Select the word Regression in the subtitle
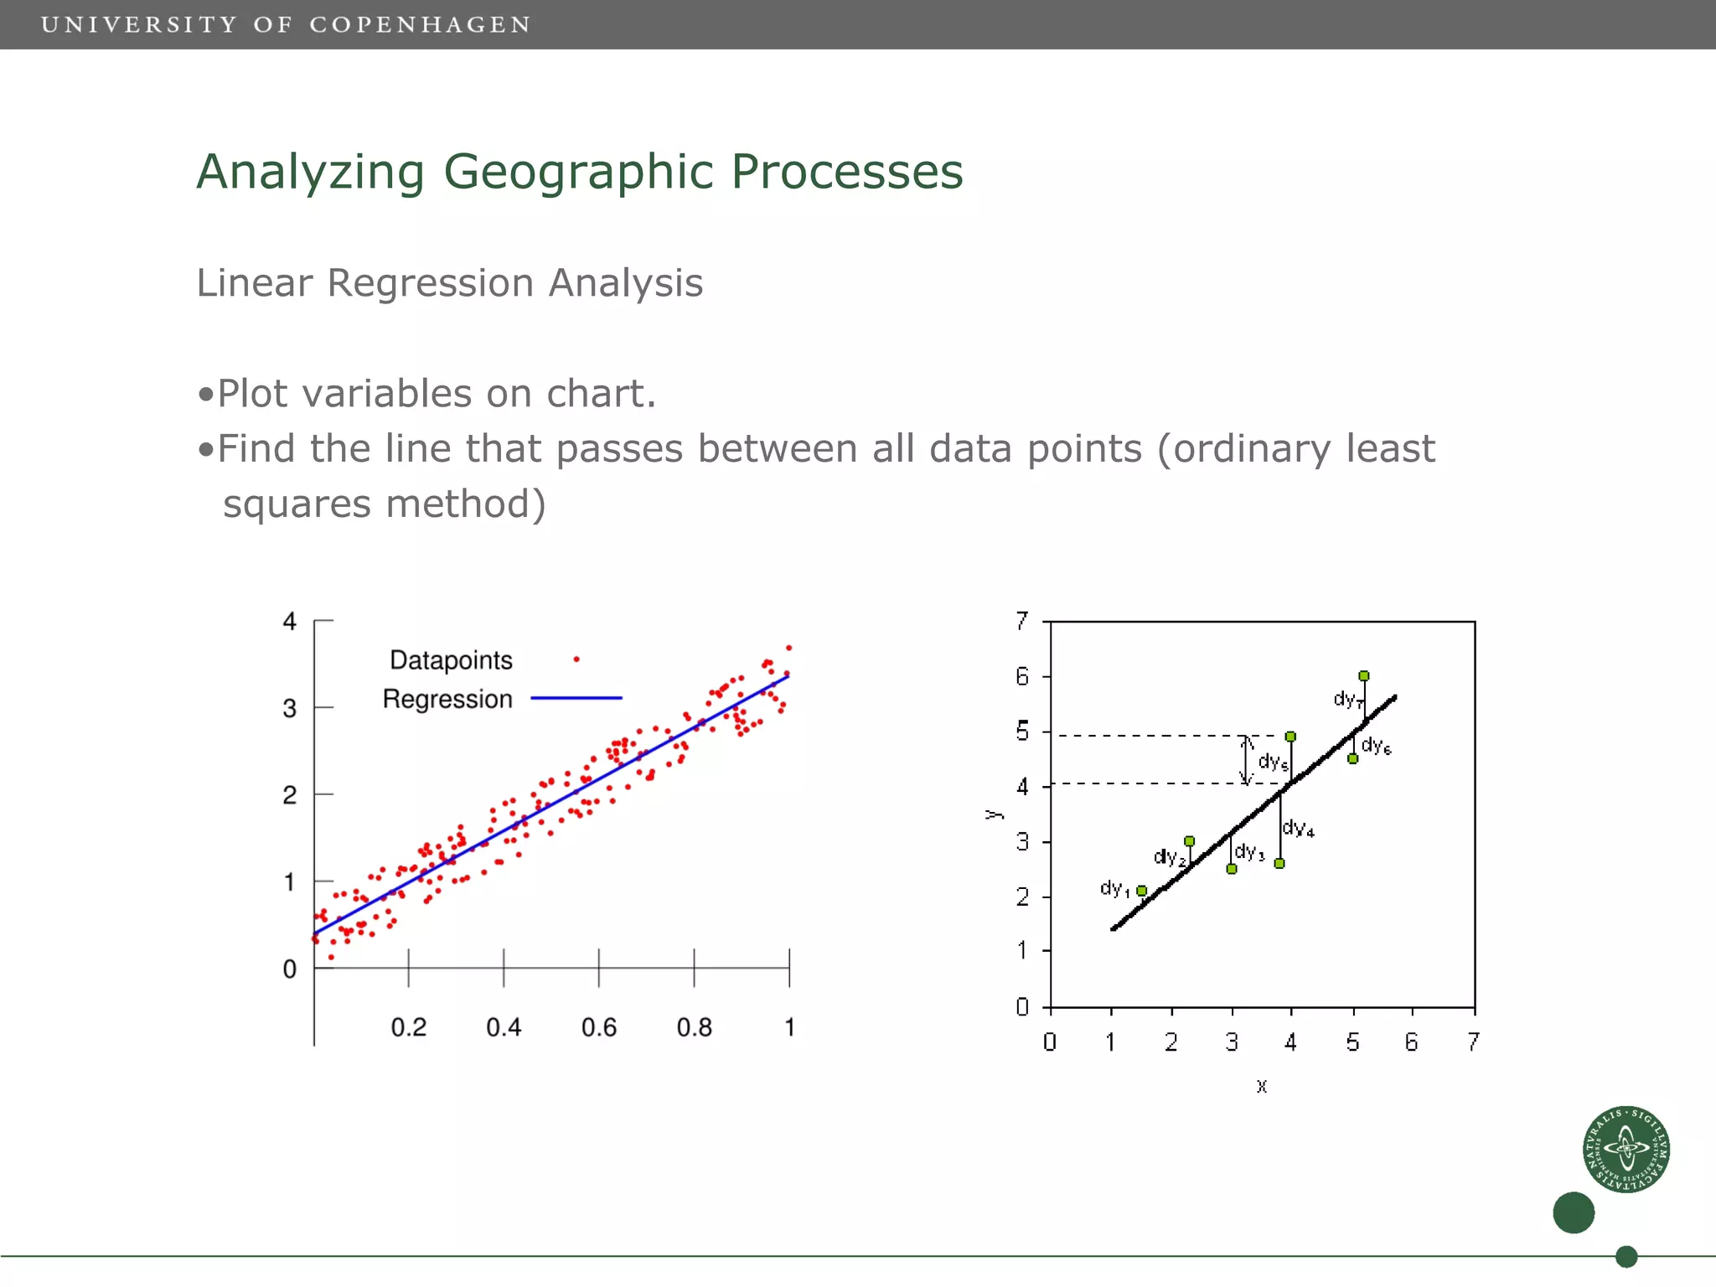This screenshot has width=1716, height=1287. pos(430,283)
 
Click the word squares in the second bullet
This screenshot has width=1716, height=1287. pos(297,504)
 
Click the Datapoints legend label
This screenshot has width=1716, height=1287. pos(451,660)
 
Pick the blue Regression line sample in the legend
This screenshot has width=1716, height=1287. pos(576,697)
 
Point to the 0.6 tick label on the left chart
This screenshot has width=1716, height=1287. pos(598,1027)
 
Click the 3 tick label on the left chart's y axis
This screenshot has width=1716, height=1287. pos(289,709)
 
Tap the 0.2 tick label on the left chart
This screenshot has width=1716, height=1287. pos(408,1027)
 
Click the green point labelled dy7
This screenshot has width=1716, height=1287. pos(1364,676)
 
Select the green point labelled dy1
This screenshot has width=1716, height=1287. pos(1141,891)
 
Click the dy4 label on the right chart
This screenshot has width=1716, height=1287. pos(1298,829)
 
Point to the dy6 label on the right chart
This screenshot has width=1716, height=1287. pos(1376,745)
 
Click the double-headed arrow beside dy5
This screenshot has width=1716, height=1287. pos(1246,760)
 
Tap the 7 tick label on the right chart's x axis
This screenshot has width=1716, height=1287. pos(1473,1042)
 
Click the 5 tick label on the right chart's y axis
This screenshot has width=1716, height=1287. pos(1022,731)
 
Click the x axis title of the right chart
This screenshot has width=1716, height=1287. pos(1262,1087)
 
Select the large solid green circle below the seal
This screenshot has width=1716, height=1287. pos(1573,1212)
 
